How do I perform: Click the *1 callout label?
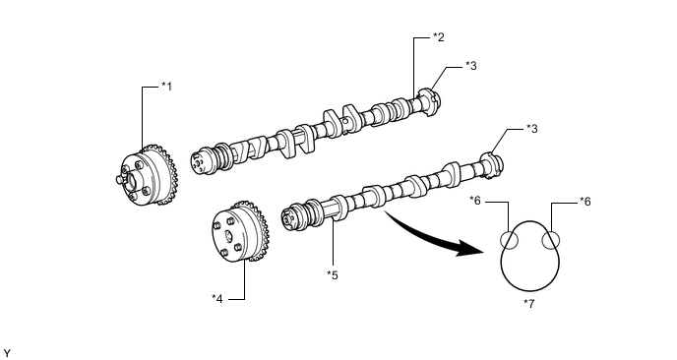tap(166, 87)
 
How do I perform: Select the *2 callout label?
tap(438, 37)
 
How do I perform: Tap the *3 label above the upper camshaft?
tap(471, 66)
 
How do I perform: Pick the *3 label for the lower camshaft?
tap(532, 128)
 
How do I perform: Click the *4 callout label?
tap(217, 298)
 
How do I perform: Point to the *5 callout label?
tap(333, 274)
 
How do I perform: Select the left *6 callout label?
tap(475, 201)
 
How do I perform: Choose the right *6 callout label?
tap(585, 202)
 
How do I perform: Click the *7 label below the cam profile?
tap(529, 304)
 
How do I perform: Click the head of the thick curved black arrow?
tap(469, 248)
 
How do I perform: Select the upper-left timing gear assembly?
tap(147, 175)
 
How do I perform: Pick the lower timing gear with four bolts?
tap(240, 232)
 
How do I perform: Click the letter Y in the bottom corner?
tap(7, 354)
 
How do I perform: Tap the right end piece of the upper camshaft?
tap(430, 102)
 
